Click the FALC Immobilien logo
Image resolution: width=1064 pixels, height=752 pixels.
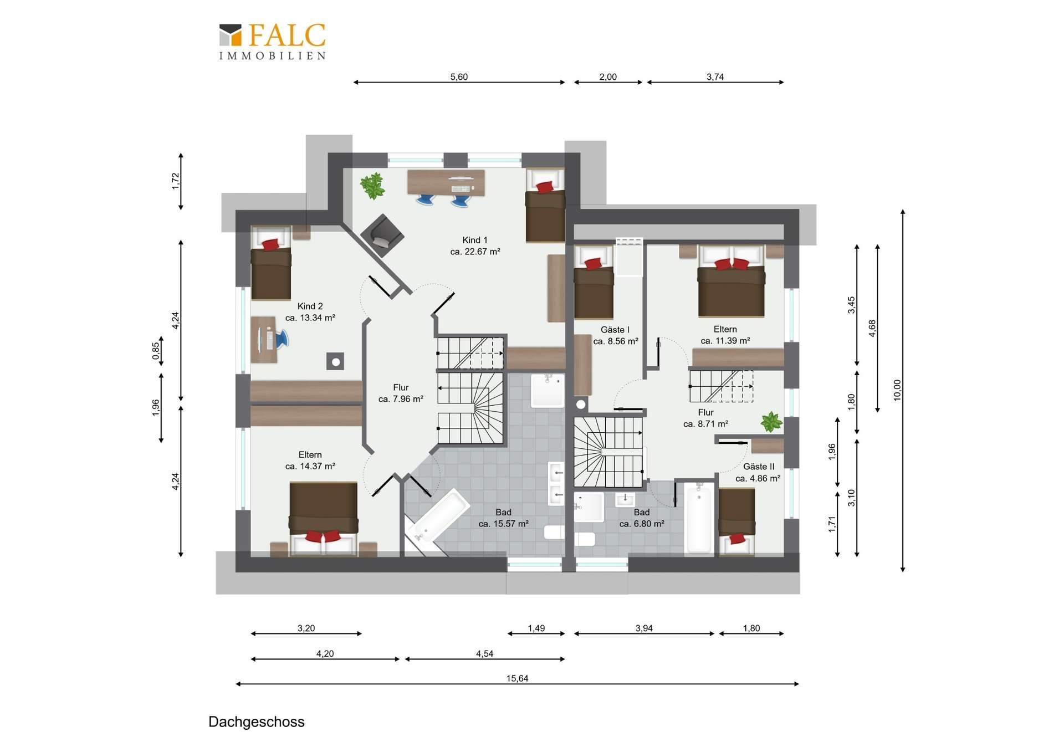tap(272, 41)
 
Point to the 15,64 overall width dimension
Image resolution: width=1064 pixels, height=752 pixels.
tap(517, 679)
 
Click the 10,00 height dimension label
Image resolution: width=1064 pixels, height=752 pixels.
tap(898, 390)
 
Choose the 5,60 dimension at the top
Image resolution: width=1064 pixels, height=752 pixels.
tap(459, 77)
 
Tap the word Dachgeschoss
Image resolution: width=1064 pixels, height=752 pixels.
tap(257, 722)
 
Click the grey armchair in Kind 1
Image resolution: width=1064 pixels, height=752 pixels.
tap(382, 235)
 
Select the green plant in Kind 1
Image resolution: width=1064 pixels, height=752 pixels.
tap(372, 186)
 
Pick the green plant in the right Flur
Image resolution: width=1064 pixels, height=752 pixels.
tap(771, 422)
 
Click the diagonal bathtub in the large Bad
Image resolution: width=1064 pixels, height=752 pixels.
tap(437, 521)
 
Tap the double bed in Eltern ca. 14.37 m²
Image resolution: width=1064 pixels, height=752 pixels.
tap(324, 519)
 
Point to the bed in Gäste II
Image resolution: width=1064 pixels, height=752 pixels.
tap(737, 521)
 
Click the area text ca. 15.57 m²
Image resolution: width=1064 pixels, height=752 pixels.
tap(503, 524)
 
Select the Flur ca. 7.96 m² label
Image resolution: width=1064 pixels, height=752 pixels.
tap(401, 393)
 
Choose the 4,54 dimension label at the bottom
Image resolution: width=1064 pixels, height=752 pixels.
tap(484, 654)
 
